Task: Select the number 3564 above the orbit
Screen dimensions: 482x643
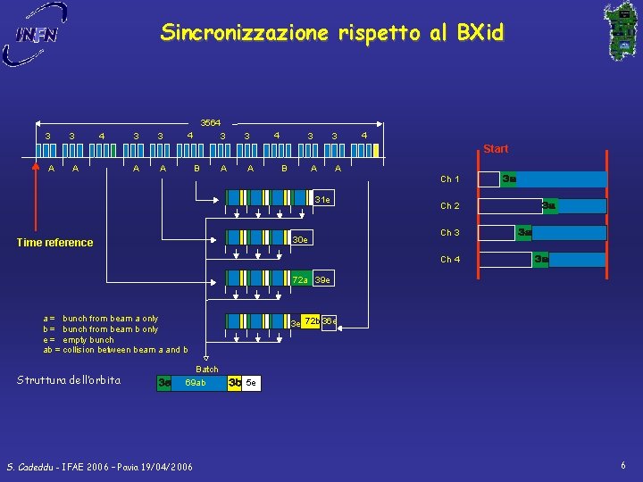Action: [211, 122]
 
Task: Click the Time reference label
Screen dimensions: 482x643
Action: [55, 243]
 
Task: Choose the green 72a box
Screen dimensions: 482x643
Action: [301, 280]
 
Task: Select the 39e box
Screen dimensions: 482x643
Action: [323, 280]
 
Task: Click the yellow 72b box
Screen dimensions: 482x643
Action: [312, 321]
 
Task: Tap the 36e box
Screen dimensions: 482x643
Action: [329, 321]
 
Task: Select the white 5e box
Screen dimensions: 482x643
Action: [251, 384]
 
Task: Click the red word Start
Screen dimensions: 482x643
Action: [496, 149]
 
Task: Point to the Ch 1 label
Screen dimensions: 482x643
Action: [450, 180]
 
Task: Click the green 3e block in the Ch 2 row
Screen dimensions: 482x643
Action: [549, 206]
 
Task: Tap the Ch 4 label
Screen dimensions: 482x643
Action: [450, 260]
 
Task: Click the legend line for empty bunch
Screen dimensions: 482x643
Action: [79, 339]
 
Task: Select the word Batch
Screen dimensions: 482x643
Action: [207, 369]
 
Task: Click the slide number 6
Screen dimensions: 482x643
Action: [623, 465]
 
